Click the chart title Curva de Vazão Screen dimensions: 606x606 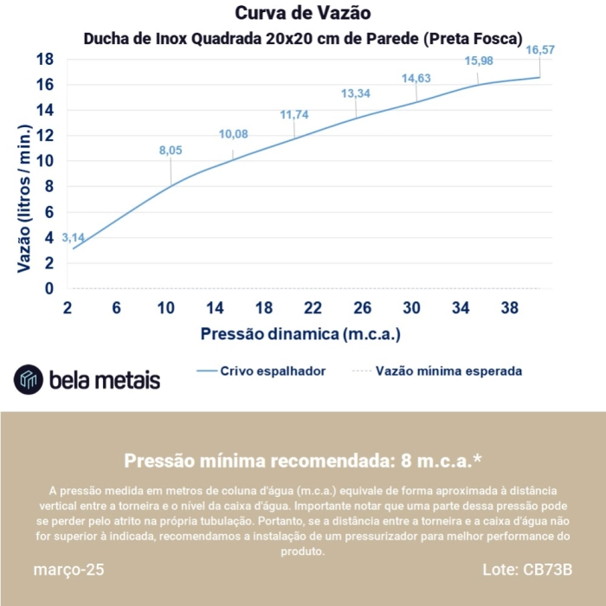tap(302, 13)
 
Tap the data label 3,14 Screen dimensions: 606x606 tap(72, 237)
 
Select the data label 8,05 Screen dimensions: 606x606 tap(171, 151)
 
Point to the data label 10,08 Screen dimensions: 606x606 tap(233, 133)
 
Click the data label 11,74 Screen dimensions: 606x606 tap(294, 114)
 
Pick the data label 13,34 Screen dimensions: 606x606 tap(356, 93)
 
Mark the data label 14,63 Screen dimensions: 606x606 tap(416, 79)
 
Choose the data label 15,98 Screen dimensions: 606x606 tap(479, 61)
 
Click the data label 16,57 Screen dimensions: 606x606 tap(540, 50)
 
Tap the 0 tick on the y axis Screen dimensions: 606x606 tap(49, 288)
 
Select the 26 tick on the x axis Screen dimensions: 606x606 tap(363, 308)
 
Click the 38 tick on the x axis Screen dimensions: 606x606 tap(510, 308)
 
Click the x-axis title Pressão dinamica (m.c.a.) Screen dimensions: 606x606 tap(300, 333)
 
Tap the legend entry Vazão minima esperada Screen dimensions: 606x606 tap(448, 371)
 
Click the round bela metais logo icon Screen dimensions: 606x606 tap(29, 379)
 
